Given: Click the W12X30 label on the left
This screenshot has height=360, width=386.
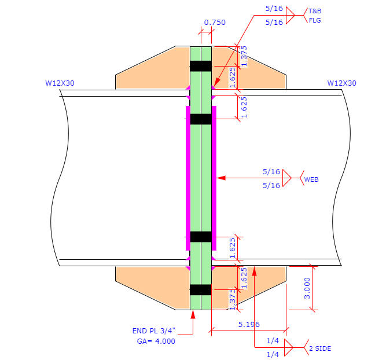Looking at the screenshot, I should [x=60, y=83].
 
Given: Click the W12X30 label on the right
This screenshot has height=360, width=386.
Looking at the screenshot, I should [x=341, y=83].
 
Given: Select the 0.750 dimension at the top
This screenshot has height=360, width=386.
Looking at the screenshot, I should [x=214, y=23].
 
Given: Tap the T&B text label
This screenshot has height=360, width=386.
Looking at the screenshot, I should [x=314, y=11].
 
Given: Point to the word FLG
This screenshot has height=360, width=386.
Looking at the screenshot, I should [x=314, y=20].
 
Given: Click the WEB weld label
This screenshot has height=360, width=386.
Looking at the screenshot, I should [x=311, y=179].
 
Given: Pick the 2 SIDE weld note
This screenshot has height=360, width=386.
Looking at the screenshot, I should [x=320, y=348].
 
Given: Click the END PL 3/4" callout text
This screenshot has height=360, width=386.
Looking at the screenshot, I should [x=153, y=331].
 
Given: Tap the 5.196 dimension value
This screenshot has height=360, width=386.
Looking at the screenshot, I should [x=249, y=325].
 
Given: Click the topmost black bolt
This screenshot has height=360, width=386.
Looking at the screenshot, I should [x=201, y=66].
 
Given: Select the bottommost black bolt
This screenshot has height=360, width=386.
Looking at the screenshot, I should [x=201, y=289].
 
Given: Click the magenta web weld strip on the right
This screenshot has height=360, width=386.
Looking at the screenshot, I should [x=214, y=178].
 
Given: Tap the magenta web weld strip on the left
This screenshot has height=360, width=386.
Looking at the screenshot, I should [x=188, y=178].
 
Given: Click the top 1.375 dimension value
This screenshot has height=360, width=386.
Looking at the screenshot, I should [x=244, y=56].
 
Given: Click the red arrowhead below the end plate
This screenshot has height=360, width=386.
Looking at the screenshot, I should [x=193, y=314].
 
